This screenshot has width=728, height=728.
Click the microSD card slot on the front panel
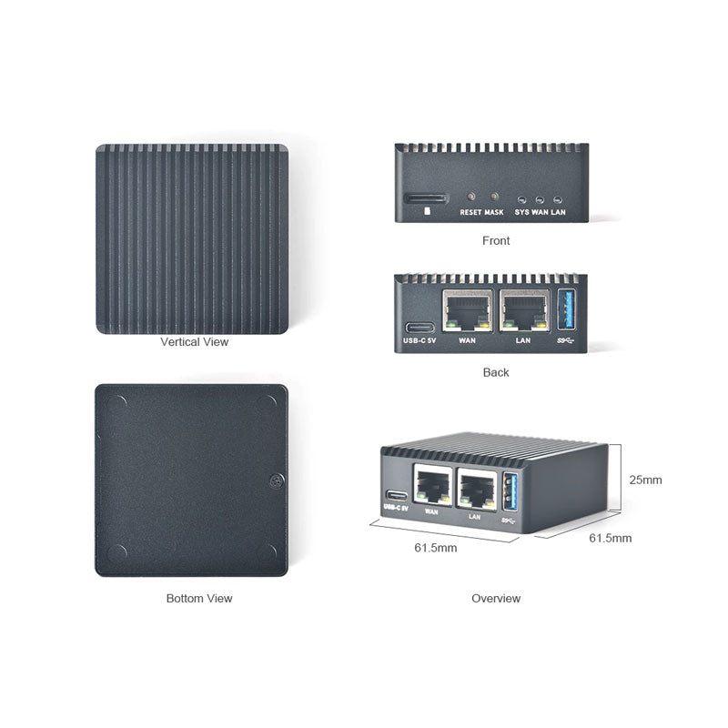click(x=426, y=197)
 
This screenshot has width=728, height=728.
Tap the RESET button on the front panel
click(x=470, y=197)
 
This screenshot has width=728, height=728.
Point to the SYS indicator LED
click(x=522, y=199)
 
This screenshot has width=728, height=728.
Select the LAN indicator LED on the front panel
click(x=558, y=199)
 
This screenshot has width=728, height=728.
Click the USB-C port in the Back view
click(x=420, y=327)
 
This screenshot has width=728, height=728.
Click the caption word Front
click(x=496, y=241)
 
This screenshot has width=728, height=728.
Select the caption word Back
click(x=496, y=372)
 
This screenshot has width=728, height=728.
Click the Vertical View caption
click(x=195, y=343)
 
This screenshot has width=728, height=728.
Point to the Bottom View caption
click(x=199, y=599)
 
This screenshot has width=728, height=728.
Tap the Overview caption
click(x=496, y=599)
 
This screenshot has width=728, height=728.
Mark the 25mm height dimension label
click(x=646, y=480)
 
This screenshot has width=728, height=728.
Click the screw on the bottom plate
click(x=275, y=480)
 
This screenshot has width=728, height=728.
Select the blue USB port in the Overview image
click(x=509, y=491)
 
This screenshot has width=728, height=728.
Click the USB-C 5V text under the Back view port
click(x=420, y=342)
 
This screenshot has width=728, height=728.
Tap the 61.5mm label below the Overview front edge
click(x=436, y=548)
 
